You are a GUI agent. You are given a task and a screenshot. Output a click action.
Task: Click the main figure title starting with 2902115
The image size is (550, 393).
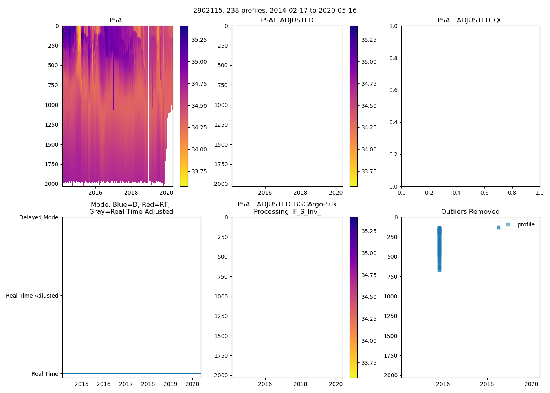[275, 11]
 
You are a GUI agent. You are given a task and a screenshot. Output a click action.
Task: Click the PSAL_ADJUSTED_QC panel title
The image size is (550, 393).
[470, 20]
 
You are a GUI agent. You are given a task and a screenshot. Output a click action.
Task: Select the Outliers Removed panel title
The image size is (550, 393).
[470, 212]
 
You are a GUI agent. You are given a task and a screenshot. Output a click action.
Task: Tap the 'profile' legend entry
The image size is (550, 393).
[526, 224]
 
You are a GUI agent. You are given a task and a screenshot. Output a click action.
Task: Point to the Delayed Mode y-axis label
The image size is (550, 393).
[38, 217]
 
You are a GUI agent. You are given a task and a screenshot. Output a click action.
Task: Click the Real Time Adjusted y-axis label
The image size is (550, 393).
[32, 296]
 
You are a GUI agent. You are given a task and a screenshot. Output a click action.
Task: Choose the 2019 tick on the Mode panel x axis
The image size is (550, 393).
[170, 384]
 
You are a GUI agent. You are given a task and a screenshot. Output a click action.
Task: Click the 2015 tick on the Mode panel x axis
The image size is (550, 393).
[81, 384]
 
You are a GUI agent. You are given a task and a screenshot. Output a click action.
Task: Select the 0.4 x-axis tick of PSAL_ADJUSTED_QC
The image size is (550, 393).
[456, 193]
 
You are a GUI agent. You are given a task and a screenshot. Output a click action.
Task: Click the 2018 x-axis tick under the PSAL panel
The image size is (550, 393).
[131, 193]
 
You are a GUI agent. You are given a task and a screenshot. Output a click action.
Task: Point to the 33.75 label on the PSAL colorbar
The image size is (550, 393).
[199, 171]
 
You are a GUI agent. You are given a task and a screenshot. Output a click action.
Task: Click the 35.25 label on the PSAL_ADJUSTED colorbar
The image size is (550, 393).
[369, 40]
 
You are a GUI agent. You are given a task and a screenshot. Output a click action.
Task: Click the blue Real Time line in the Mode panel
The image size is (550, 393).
[132, 373]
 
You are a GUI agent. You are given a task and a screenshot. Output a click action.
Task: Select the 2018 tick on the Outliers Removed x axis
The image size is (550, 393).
[487, 384]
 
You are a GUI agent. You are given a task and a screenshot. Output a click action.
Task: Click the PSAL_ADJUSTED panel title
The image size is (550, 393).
[287, 20]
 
